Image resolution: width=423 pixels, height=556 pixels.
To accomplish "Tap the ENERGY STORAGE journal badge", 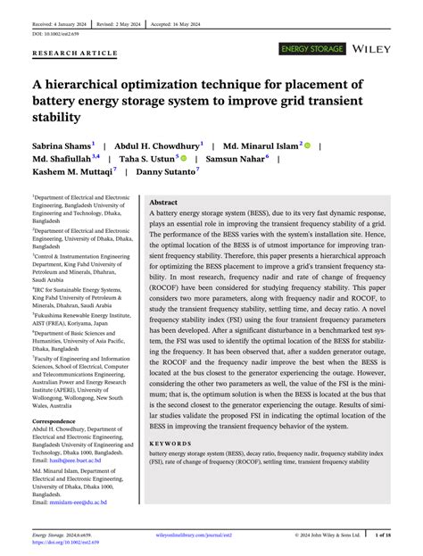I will (x=312, y=46).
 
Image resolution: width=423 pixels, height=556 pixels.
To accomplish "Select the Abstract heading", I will (x=168, y=203).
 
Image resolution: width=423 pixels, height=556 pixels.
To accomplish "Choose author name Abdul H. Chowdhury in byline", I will (x=162, y=145).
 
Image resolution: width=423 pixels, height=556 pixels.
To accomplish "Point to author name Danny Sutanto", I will (x=178, y=175).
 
